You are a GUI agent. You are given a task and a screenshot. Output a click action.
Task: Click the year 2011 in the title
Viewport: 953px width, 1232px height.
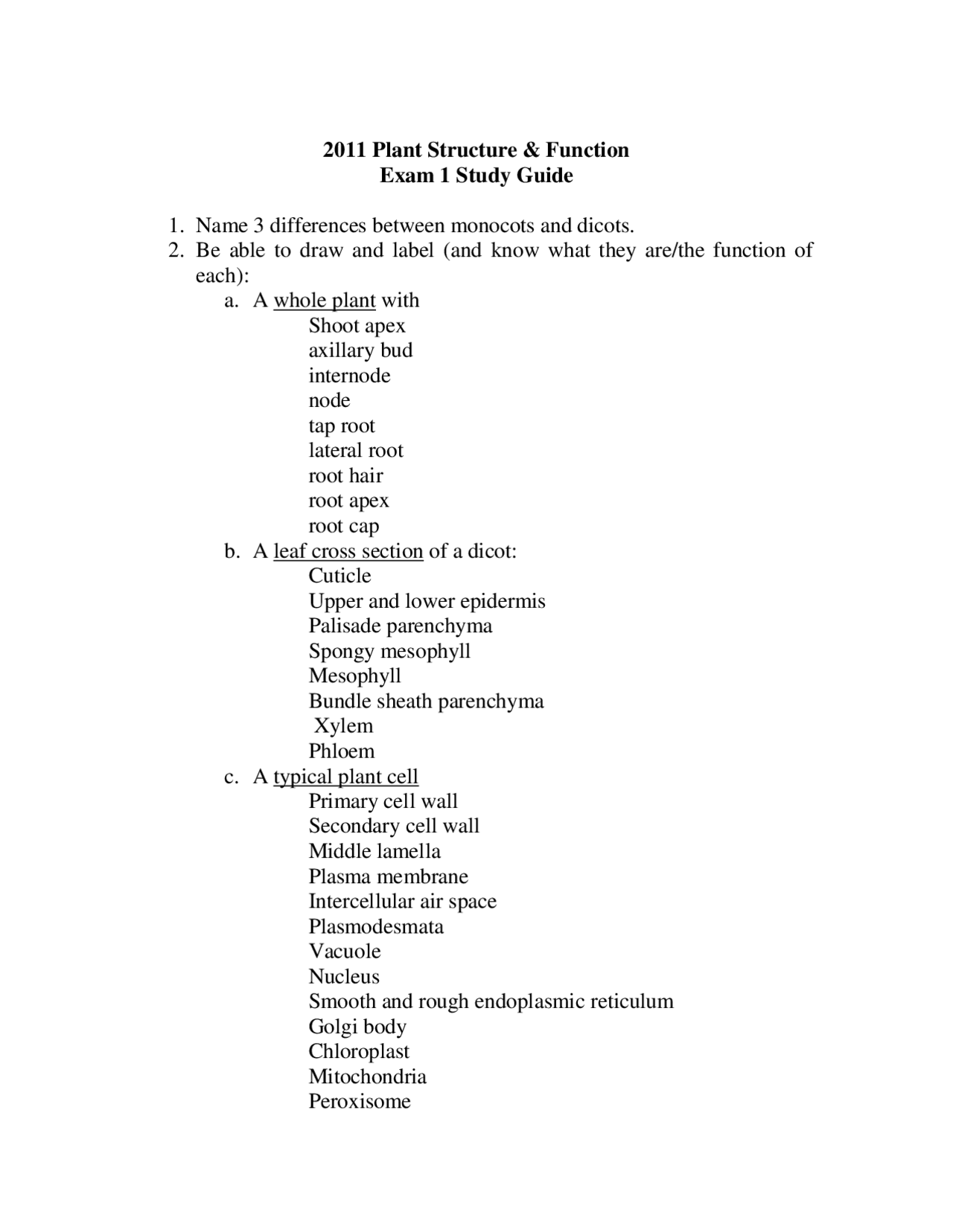tap(345, 150)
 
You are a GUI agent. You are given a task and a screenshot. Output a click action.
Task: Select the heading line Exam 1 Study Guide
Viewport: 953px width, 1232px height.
tap(476, 176)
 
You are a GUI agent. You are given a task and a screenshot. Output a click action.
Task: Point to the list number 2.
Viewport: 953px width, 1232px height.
tap(176, 251)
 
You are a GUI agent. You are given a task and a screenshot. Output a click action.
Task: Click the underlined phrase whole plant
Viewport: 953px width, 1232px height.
tap(325, 301)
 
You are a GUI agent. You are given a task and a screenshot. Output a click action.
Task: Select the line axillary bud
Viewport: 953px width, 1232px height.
tap(360, 350)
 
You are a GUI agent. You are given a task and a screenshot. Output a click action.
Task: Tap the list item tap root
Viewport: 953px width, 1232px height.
tap(342, 426)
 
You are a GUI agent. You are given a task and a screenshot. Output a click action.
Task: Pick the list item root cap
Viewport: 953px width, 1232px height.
tap(344, 526)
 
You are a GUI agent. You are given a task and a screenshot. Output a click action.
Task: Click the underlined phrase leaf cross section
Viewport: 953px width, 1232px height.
tap(348, 551)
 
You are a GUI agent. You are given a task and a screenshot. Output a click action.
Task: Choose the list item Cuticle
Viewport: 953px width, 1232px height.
tap(340, 576)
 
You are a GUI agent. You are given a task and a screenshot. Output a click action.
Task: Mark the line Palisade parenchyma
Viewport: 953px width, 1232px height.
tap(401, 626)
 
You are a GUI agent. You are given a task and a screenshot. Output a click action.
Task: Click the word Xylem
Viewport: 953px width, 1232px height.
tap(343, 726)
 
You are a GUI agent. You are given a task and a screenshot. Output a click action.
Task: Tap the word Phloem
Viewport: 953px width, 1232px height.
tap(342, 751)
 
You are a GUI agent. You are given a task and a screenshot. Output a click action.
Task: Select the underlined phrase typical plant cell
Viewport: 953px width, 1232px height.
tap(345, 777)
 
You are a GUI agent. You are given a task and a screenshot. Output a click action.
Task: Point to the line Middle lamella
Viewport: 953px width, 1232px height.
tap(374, 851)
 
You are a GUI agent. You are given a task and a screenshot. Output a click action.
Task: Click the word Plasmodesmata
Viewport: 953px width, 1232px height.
tap(376, 926)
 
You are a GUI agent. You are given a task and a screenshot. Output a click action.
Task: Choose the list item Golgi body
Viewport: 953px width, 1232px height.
tap(357, 1027)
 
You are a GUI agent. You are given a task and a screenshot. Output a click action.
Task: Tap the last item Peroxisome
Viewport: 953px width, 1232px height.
tap(360, 1101)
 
